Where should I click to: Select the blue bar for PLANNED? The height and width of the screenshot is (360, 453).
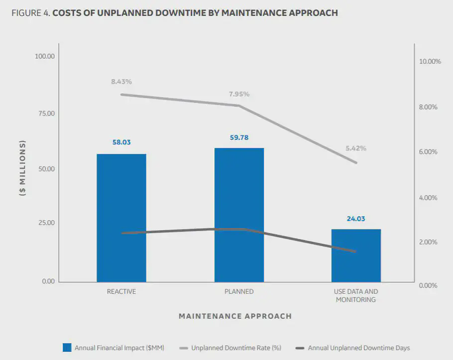[x=239, y=215]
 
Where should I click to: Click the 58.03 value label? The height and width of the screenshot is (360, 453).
[x=121, y=142]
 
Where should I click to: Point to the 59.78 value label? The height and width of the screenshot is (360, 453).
[x=239, y=137]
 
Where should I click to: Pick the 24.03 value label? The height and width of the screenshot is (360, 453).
[x=356, y=219]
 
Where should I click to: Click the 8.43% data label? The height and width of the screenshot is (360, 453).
[x=121, y=81]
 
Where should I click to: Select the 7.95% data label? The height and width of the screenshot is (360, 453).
[x=239, y=94]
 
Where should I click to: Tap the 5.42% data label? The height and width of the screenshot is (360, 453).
[x=356, y=148]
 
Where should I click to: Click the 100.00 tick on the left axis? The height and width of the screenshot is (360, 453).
[x=44, y=56]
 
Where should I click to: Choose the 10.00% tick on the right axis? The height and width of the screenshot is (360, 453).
[x=431, y=62]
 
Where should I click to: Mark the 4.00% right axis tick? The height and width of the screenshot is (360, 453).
[x=428, y=198]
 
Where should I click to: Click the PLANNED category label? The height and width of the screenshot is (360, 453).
[x=239, y=292]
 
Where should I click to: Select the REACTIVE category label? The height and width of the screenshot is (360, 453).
[x=121, y=292]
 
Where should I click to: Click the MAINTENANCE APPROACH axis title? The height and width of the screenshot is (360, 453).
[x=235, y=316]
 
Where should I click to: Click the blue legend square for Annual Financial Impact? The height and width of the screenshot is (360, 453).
[x=67, y=348]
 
